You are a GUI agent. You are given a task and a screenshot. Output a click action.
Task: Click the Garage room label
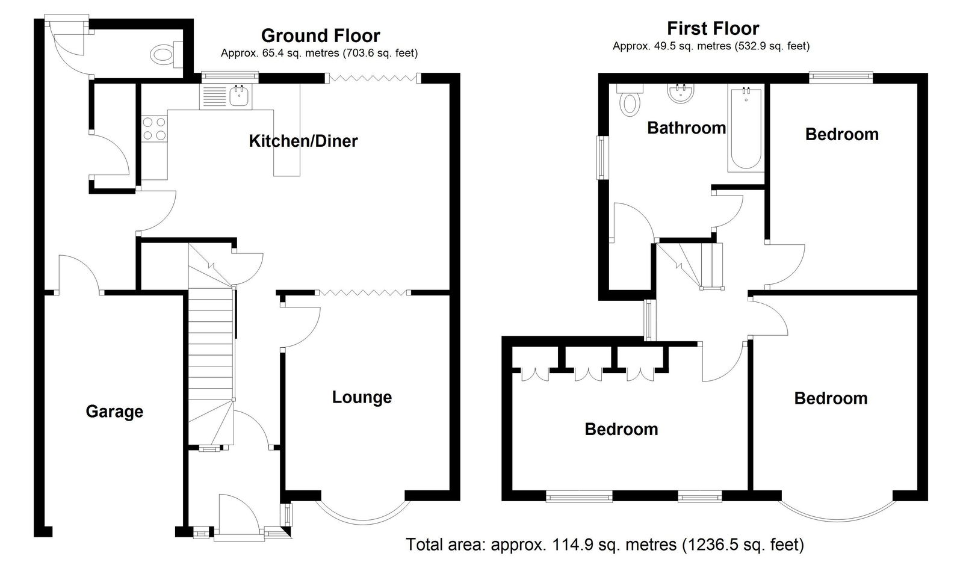pyautogui.click(x=114, y=412)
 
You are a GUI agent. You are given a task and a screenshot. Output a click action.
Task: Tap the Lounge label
pyautogui.click(x=362, y=398)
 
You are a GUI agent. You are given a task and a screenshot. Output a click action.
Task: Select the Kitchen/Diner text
pyautogui.click(x=303, y=141)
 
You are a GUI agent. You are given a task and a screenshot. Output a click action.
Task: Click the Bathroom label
pyautogui.click(x=687, y=128)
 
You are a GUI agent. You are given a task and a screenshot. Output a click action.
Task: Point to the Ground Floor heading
pyautogui.click(x=321, y=35)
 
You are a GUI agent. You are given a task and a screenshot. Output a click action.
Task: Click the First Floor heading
pyautogui.click(x=713, y=28)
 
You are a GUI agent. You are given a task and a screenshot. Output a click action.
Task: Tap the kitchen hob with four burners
pyautogui.click(x=154, y=129)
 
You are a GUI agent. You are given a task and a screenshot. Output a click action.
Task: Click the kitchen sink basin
pyautogui.click(x=238, y=96)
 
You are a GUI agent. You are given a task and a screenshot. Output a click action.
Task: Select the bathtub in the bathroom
pyautogui.click(x=746, y=128)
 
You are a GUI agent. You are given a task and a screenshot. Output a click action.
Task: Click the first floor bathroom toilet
pyautogui.click(x=630, y=100)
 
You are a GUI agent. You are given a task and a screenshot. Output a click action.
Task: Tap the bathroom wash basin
pyautogui.click(x=680, y=93)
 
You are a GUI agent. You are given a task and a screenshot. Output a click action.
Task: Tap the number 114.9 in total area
pyautogui.click(x=569, y=545)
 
